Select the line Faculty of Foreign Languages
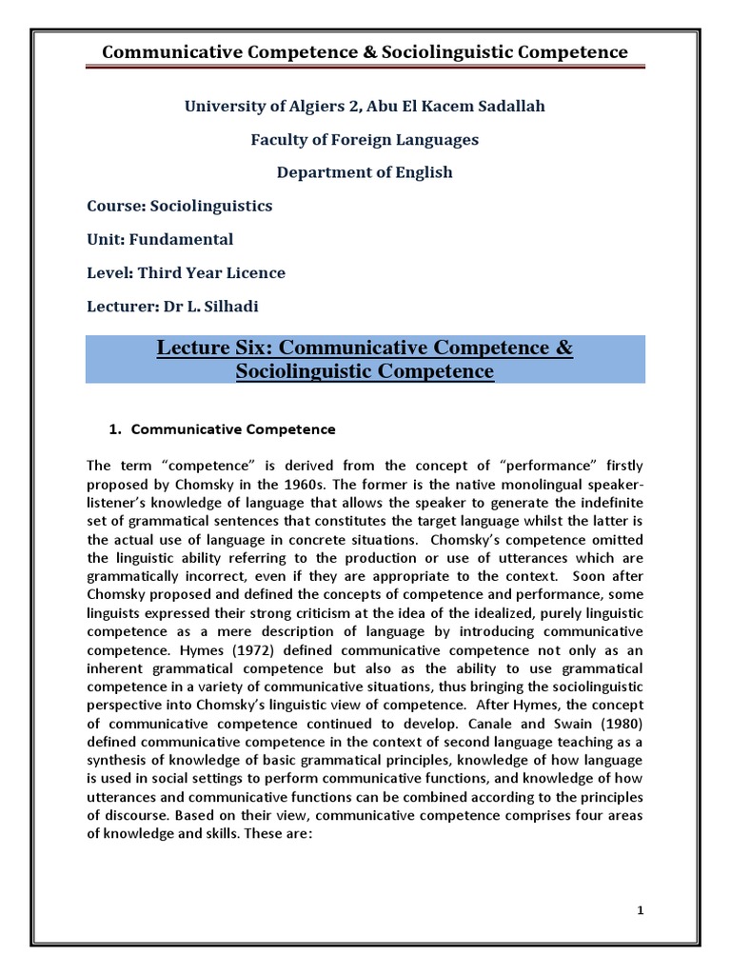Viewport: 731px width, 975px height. click(x=365, y=139)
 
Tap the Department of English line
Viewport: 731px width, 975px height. click(x=365, y=172)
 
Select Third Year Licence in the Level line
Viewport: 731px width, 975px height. click(x=211, y=272)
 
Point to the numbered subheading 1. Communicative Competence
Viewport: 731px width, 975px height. click(x=224, y=429)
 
